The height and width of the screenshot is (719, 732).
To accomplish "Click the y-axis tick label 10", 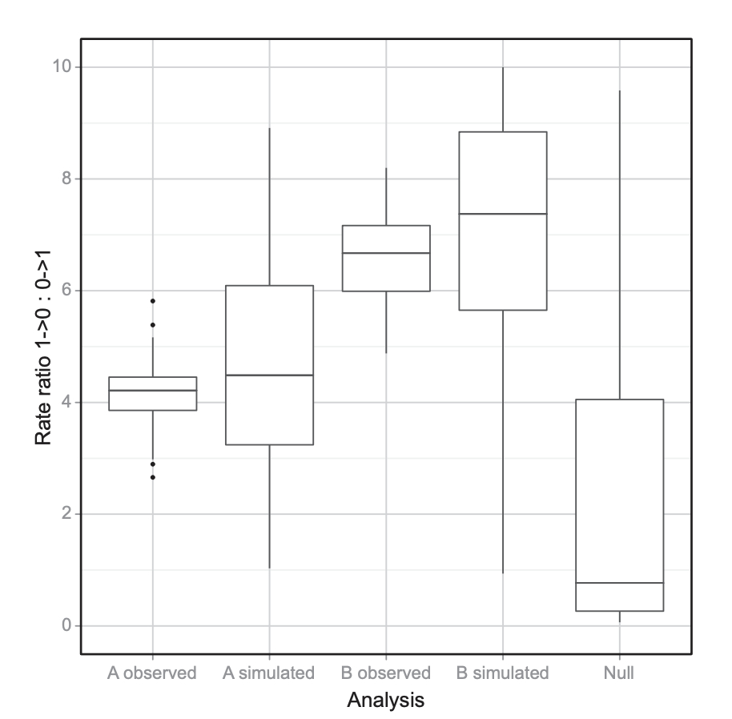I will coord(60,67).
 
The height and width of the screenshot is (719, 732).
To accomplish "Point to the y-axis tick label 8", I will coord(65,179).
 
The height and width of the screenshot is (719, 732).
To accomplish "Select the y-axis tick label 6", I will coord(65,291).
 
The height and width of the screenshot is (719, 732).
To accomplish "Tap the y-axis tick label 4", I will coord(65,402).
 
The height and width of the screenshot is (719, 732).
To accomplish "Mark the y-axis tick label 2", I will coord(65,514).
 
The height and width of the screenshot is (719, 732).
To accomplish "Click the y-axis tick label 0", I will coord(65,625).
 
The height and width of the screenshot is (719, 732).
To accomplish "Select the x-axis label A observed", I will coord(152,673).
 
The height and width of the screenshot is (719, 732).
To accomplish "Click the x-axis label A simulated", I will coord(269,673).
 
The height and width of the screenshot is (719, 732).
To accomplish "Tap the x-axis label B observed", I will coord(386,673).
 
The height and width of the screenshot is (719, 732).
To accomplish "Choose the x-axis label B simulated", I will coord(503,673).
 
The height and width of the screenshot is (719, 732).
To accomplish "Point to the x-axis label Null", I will coord(619,673).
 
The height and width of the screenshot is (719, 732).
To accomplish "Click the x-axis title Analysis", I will coord(386,701).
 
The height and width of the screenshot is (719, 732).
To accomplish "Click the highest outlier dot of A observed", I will coord(152,301).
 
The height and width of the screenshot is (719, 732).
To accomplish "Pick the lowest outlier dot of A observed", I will coord(152,477).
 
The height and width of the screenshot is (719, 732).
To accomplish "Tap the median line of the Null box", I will coord(619,583).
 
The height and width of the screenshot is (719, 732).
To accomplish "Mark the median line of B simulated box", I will coord(503,214).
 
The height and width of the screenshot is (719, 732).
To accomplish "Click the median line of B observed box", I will coord(386,253).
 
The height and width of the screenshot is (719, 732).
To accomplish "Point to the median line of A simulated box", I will coord(269,375).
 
